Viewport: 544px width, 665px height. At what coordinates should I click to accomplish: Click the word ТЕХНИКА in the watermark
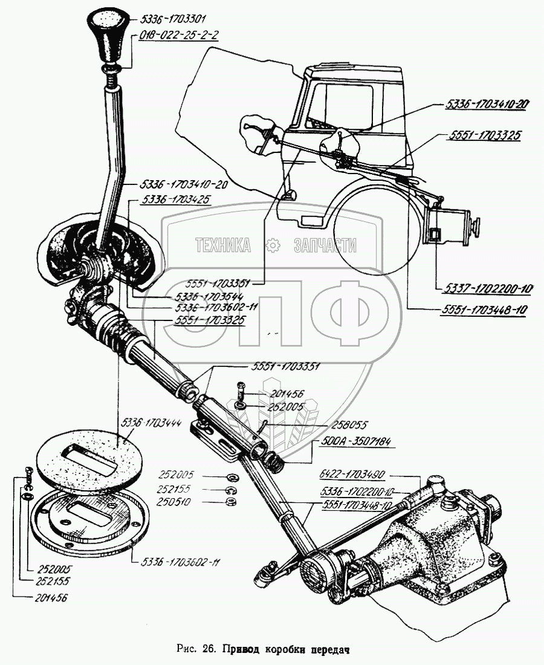click(x=222, y=245)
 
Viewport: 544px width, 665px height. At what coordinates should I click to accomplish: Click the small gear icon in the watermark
click(x=273, y=245)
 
